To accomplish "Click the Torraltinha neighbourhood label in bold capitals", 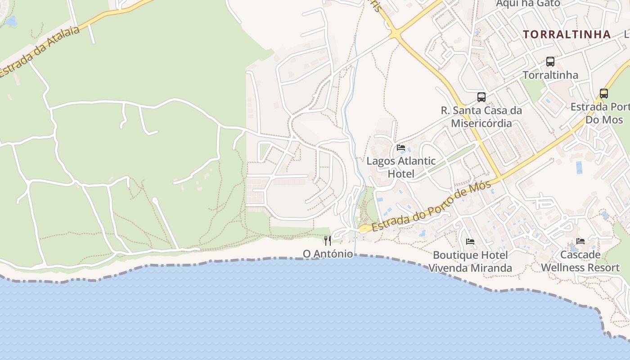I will click(567, 34).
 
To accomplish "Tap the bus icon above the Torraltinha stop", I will click(550, 62).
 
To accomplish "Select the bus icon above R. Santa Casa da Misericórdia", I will click(481, 97).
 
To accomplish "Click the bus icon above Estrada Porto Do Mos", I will click(603, 94).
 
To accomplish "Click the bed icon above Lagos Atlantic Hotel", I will click(400, 148).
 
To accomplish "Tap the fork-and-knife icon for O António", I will click(328, 241).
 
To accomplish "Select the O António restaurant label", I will click(328, 254).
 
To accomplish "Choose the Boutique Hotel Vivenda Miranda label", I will click(470, 261).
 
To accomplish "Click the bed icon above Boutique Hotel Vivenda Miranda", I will click(470, 242).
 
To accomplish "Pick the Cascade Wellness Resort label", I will click(580, 261).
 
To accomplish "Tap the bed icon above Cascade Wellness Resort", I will click(580, 241).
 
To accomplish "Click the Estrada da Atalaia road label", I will click(40, 52).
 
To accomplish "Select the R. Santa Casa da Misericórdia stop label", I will click(481, 117).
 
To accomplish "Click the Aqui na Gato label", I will click(528, 4).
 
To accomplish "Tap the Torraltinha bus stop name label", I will click(550, 75).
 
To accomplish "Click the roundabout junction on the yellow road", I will click(395, 33).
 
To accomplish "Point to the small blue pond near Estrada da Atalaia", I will click(11, 21).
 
